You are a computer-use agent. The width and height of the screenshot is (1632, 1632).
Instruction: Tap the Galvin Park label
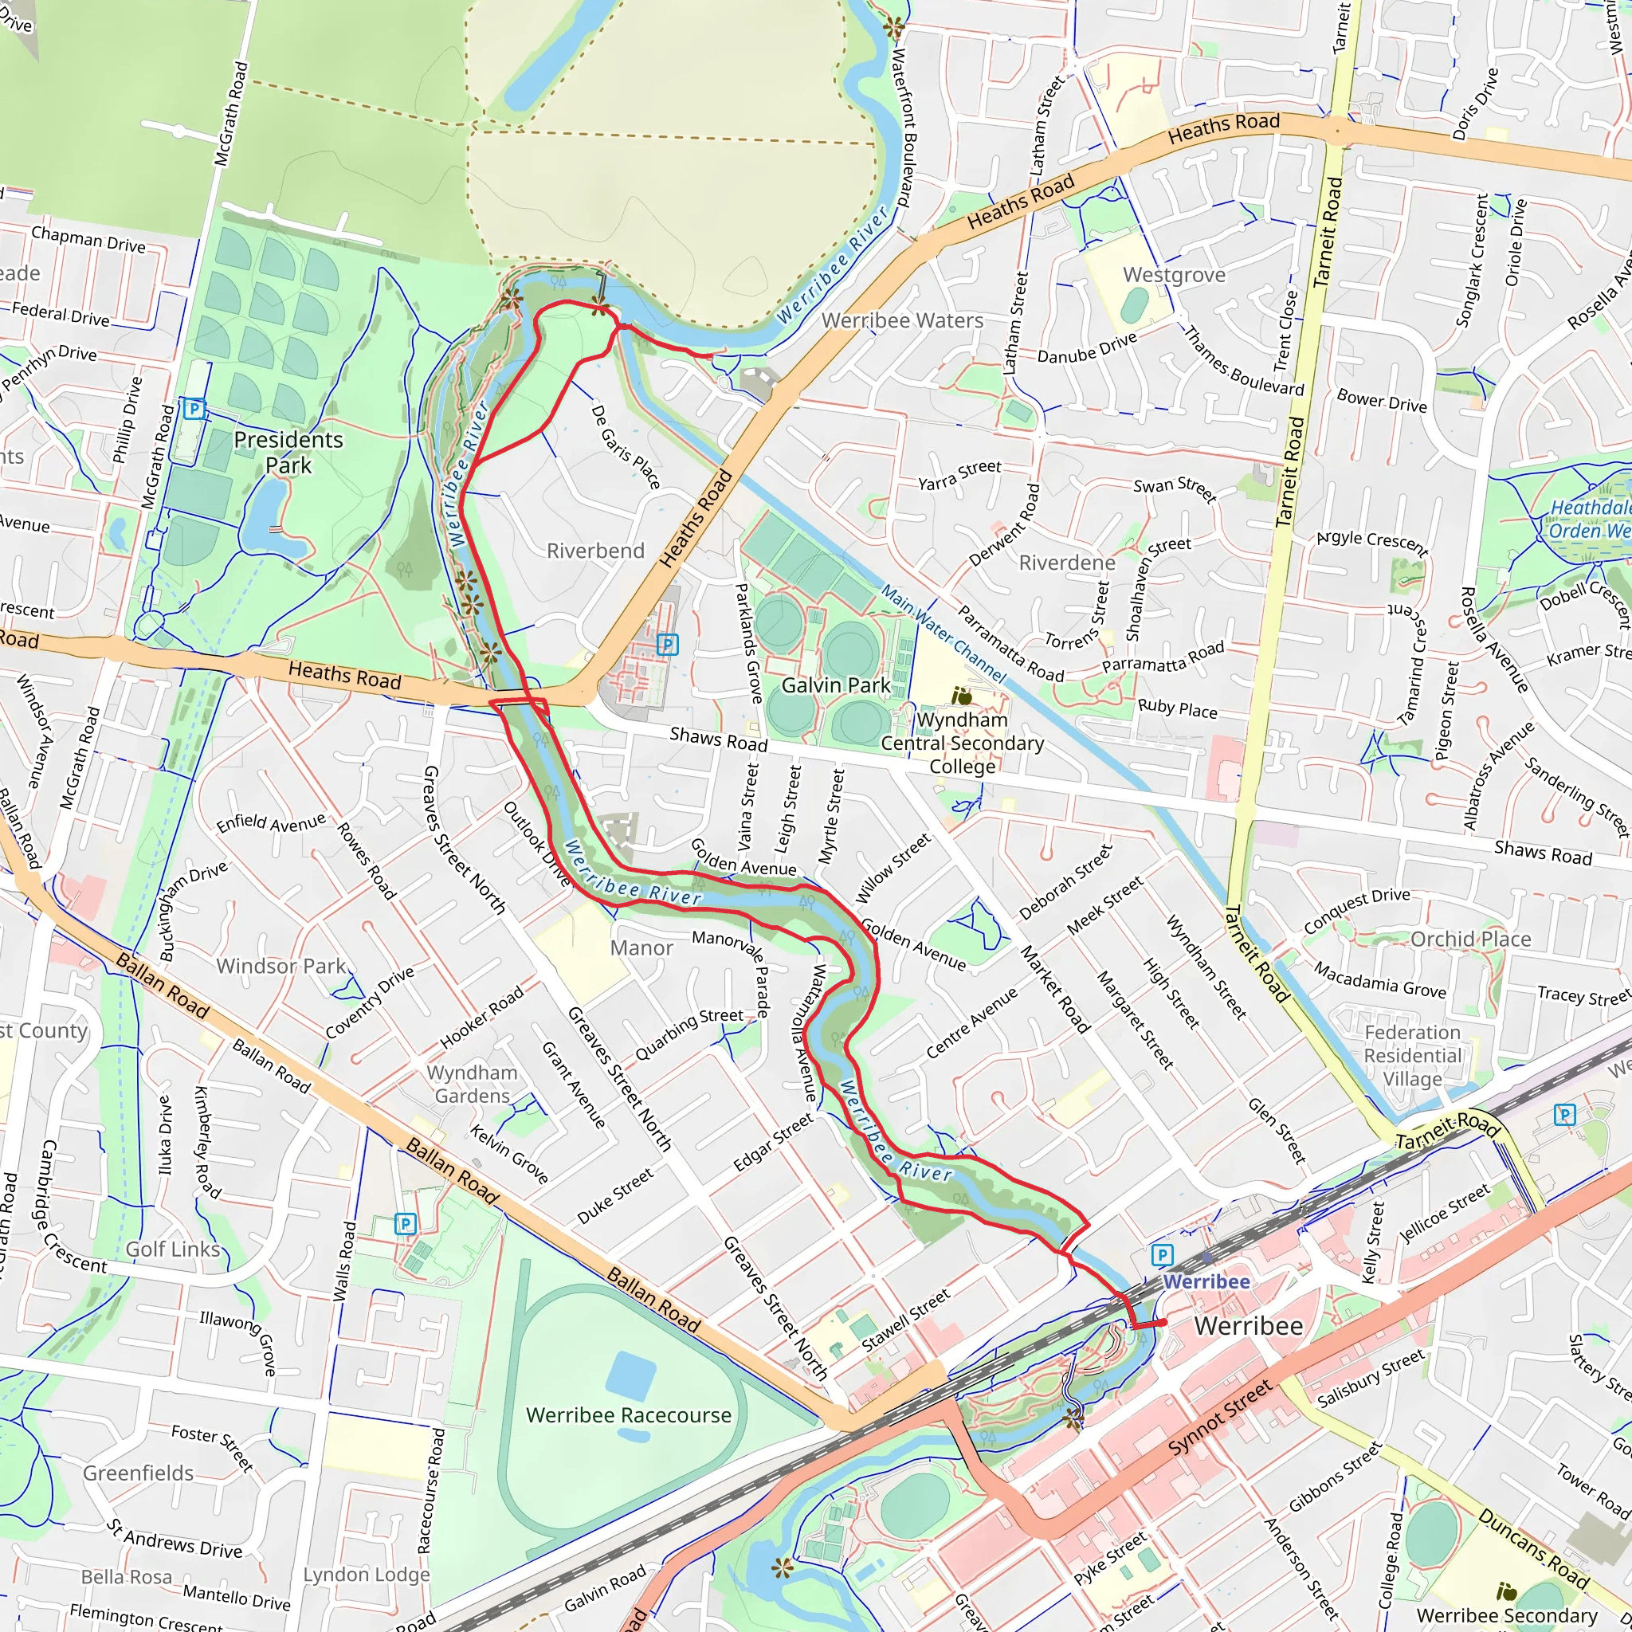(x=835, y=685)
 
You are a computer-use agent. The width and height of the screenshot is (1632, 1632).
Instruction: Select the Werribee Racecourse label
(x=629, y=1415)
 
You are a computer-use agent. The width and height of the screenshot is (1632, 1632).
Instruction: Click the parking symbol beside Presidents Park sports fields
(x=194, y=410)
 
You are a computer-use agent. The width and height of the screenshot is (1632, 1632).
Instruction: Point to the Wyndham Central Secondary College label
(x=962, y=743)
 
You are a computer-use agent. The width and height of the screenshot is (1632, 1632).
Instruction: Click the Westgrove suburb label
(x=1173, y=276)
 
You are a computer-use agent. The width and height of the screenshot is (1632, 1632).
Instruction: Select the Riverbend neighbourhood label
(x=595, y=551)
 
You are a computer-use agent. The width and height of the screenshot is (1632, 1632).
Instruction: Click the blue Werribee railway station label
(x=1206, y=1281)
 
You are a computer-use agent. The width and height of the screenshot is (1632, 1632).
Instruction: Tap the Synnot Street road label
(x=1220, y=1418)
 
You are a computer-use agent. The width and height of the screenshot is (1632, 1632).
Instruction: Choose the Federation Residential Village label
(x=1412, y=1056)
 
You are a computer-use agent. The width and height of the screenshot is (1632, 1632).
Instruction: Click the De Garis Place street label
(x=625, y=447)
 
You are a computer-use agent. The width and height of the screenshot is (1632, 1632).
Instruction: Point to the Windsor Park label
(x=280, y=966)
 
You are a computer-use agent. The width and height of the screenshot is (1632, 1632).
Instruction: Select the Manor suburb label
(x=641, y=947)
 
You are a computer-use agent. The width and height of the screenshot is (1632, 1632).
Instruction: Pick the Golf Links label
(x=172, y=1249)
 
